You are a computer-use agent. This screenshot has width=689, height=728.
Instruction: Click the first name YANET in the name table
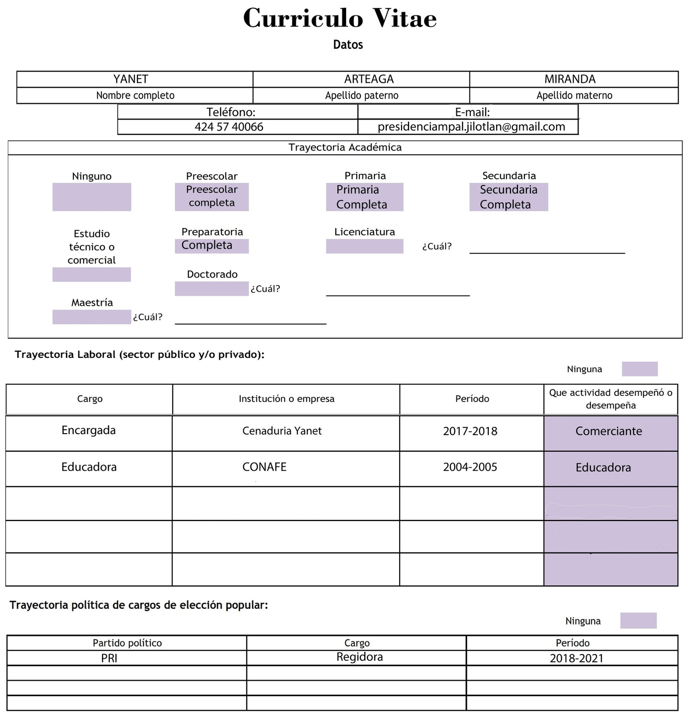131,79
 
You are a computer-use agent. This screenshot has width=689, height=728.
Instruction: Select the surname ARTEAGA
369,79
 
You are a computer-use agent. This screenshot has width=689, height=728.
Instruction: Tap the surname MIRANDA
570,79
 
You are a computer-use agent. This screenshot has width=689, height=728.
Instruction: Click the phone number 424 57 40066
229,127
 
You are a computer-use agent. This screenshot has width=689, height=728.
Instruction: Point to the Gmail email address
471,127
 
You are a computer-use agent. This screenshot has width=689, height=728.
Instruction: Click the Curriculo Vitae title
340,19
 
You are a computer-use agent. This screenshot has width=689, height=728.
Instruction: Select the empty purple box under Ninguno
92,197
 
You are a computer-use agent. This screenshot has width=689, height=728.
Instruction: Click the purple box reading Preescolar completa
212,197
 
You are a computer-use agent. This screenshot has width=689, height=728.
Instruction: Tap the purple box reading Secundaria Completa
509,197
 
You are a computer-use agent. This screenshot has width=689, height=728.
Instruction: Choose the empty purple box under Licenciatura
364,247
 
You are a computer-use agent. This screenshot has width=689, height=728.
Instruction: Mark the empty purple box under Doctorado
211,289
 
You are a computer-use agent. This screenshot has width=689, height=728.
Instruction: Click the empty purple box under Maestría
92,317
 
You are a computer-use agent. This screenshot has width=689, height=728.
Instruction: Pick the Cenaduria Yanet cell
282,431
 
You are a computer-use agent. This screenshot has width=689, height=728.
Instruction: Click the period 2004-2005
470,467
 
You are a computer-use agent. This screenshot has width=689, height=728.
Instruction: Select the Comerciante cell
608,432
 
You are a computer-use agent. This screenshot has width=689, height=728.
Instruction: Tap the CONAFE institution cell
264,467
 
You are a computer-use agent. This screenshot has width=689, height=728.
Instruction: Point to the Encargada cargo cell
89,431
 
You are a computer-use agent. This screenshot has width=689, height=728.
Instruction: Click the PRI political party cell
109,658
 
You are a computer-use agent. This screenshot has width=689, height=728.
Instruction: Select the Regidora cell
360,657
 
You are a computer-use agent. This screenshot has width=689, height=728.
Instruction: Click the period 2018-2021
577,658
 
